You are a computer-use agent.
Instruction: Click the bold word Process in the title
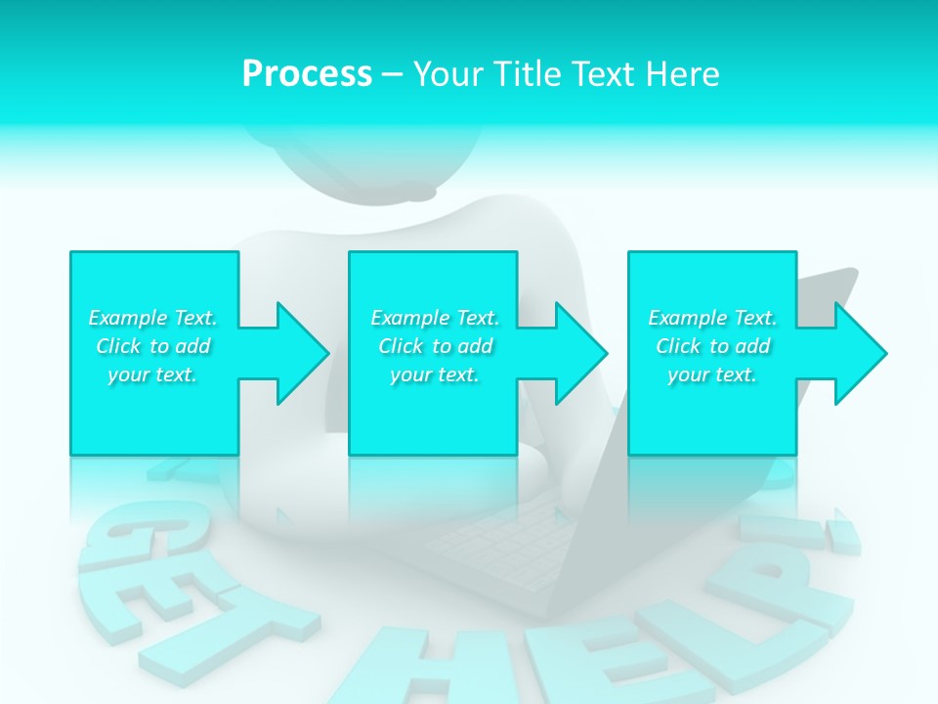(x=307, y=74)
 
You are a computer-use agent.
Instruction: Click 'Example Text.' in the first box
(x=153, y=318)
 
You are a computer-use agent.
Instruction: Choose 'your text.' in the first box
(x=153, y=374)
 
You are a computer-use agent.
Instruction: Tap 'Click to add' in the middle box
(x=435, y=346)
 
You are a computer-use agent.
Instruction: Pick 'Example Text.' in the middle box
(x=435, y=318)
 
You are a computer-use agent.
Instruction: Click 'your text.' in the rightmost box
(x=712, y=374)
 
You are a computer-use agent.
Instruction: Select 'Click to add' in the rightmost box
(x=712, y=346)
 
